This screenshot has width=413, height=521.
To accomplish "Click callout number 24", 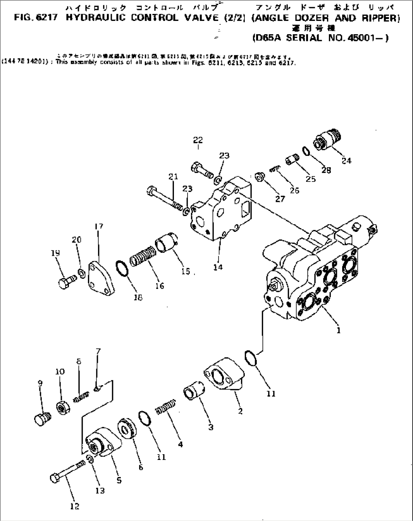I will tap(346, 161).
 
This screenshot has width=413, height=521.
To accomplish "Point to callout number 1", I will tap(338, 330).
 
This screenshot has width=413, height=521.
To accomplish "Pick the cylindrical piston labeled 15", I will tap(167, 243).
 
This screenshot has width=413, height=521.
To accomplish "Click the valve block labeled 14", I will tap(220, 212).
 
